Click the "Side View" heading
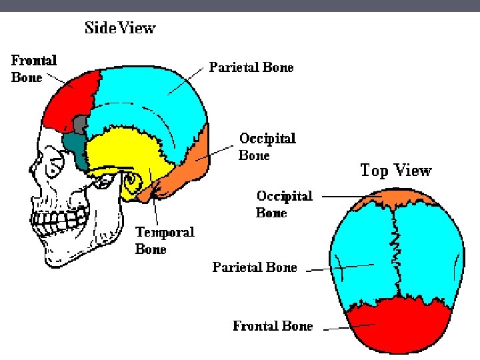120,29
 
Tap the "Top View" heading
396,171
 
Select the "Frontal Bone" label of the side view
34,68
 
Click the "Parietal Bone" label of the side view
251,67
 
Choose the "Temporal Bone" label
165,240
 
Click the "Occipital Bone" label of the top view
285,204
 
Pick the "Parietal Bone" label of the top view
255,267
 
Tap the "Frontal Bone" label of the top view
273,326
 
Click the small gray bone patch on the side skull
81,124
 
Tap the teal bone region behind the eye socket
75,147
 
